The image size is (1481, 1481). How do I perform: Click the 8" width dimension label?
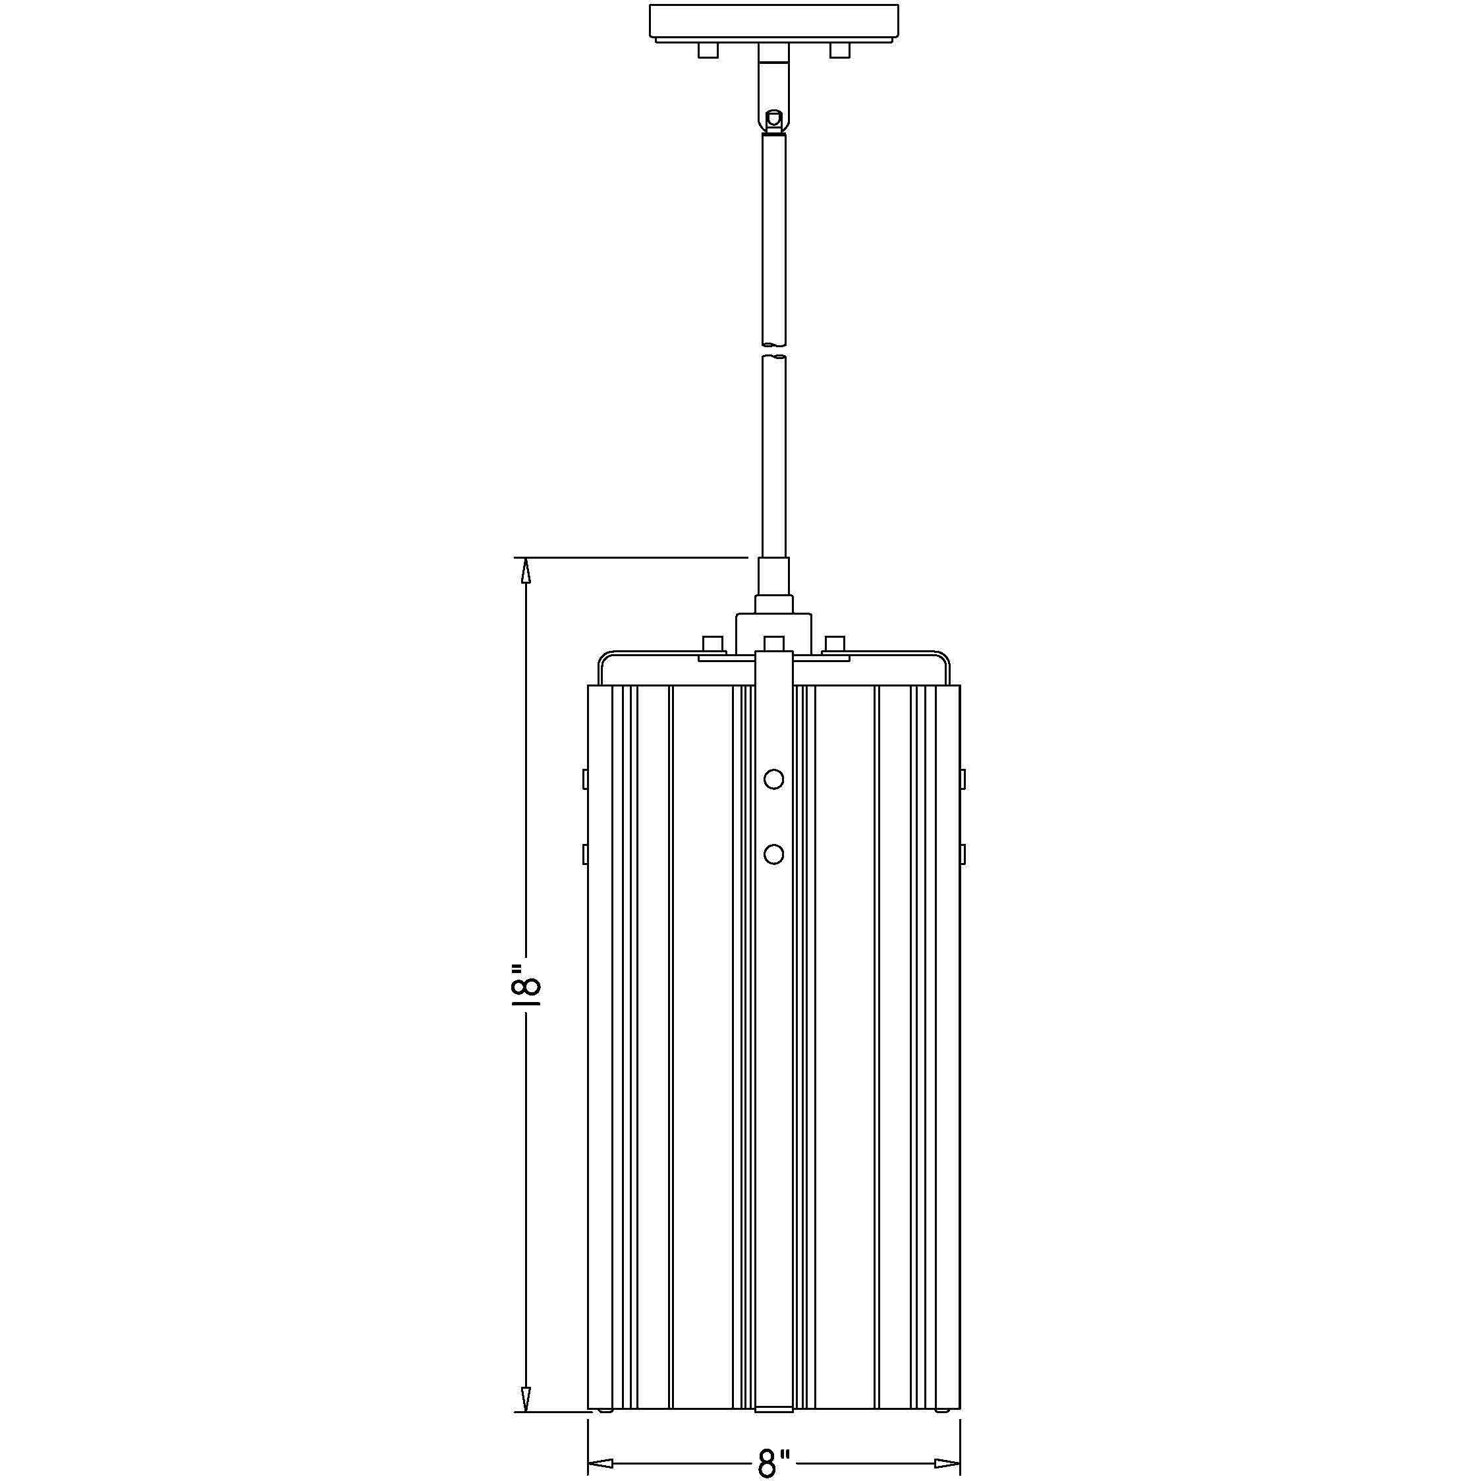pos(773,1463)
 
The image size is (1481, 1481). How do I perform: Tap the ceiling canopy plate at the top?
pos(773,22)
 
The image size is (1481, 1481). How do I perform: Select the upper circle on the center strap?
pos(773,779)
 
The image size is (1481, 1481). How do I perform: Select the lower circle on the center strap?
pos(773,853)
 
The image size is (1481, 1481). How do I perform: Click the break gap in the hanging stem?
pos(773,350)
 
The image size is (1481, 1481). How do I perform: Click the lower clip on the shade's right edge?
pos(962,853)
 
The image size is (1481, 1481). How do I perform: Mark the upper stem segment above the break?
pos(773,238)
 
